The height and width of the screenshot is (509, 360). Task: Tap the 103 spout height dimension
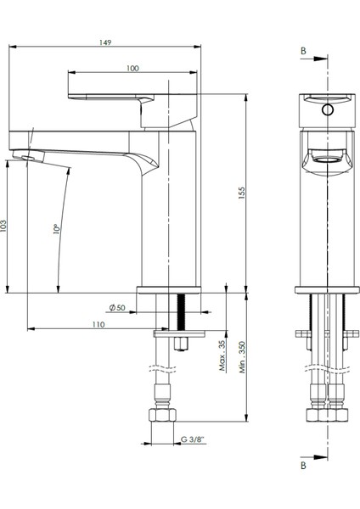(x=6, y=227)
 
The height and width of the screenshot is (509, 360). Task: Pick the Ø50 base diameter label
(x=117, y=306)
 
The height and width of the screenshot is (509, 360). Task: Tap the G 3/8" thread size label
(x=192, y=440)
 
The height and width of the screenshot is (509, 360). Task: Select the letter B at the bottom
(x=303, y=465)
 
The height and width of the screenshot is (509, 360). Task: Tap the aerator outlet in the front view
(x=326, y=158)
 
